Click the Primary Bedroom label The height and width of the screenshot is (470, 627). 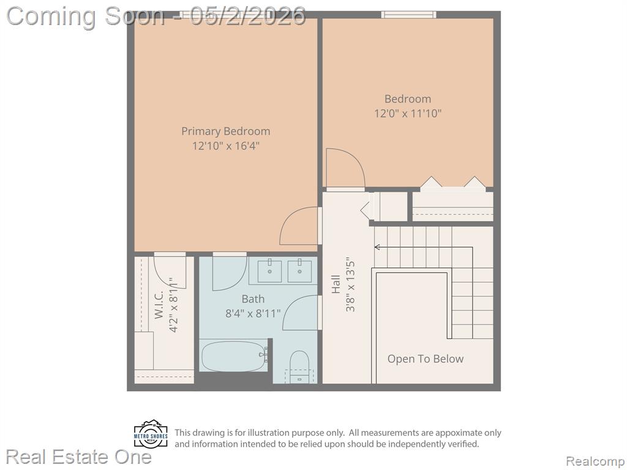(225, 131)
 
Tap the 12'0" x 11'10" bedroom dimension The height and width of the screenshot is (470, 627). (407, 113)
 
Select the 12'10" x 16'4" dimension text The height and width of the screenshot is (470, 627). (225, 146)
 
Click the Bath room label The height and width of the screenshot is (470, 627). (253, 299)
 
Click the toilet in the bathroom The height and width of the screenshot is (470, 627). (299, 366)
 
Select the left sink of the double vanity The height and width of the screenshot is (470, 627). (269, 271)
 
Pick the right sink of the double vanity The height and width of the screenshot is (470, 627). (299, 271)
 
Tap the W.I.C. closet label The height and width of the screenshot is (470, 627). (159, 304)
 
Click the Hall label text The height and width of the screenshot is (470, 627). (336, 284)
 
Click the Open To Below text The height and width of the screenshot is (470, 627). (426, 359)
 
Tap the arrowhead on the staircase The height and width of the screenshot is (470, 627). (377, 247)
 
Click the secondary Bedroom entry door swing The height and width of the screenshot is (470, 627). (345, 168)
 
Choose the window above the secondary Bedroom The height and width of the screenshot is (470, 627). (408, 15)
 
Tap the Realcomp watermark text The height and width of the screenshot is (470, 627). (595, 461)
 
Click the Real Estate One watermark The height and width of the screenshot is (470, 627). (79, 457)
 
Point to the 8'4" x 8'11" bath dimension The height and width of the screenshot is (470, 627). (253, 314)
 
